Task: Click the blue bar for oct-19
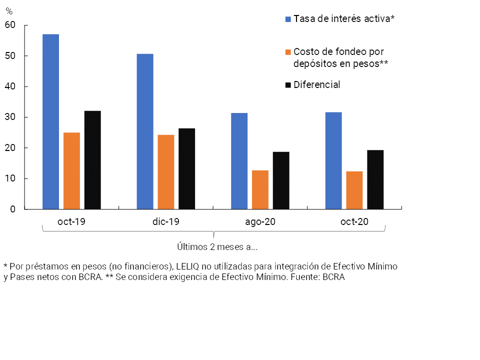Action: [x=50, y=121]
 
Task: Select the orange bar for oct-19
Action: [x=71, y=170]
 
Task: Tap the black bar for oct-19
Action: [x=92, y=160]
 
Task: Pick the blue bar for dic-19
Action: [x=145, y=131]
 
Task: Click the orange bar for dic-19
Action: [x=166, y=172]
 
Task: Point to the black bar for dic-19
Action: [x=187, y=168]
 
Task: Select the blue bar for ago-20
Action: [x=239, y=161]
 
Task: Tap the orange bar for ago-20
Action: [x=260, y=189]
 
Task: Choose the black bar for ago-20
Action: [x=281, y=180]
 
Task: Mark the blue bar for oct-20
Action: [x=333, y=160]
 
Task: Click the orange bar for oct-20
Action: [x=354, y=190]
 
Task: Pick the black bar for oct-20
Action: [x=375, y=179]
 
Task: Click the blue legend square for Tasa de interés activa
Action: [x=288, y=19]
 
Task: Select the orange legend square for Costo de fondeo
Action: [x=288, y=51]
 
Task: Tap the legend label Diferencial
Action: [x=317, y=84]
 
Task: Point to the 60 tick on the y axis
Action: [x=10, y=25]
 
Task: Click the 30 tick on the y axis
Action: [x=10, y=117]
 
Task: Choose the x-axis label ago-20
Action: [x=260, y=222]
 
